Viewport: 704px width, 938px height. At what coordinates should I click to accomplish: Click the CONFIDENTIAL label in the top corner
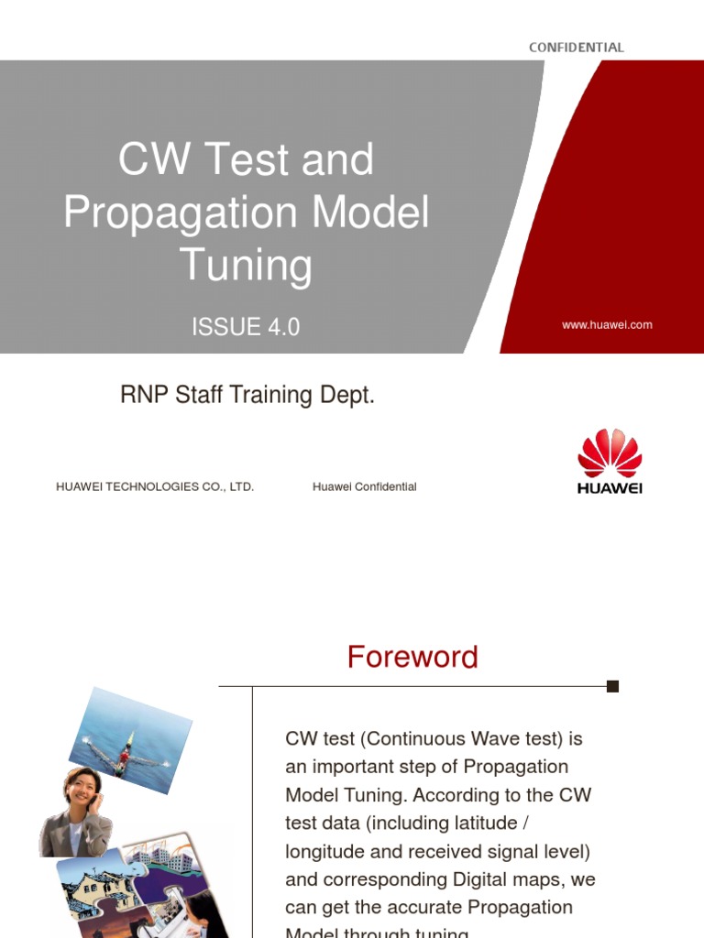coord(576,47)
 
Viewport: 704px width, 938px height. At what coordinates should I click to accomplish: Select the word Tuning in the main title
coord(246,265)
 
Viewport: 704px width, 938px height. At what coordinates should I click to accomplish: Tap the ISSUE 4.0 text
coord(246,327)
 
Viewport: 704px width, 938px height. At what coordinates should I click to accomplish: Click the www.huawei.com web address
coord(607,324)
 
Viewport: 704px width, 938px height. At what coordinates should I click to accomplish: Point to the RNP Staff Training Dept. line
coord(247,396)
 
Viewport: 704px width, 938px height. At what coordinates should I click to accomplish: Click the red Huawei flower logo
coord(610,453)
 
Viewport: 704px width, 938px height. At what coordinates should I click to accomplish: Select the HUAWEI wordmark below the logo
coord(610,488)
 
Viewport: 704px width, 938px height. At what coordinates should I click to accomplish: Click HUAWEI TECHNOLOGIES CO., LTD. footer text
coord(155,486)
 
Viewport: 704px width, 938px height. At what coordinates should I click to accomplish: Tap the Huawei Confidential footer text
coord(364,486)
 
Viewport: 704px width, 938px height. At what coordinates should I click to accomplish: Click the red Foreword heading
coord(412,657)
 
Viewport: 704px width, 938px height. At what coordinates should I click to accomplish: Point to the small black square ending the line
coord(613,686)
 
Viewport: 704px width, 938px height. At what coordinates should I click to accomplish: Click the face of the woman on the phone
coord(81,787)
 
